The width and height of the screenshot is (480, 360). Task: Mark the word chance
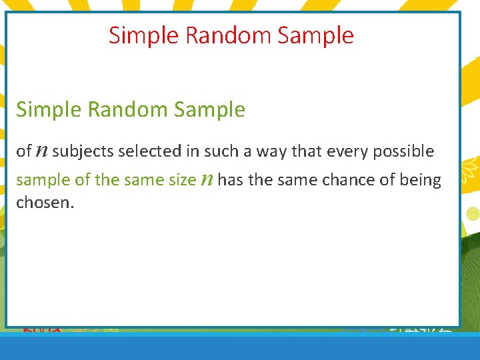335,180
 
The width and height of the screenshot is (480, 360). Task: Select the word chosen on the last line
43,202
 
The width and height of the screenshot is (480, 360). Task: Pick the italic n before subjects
41,152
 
